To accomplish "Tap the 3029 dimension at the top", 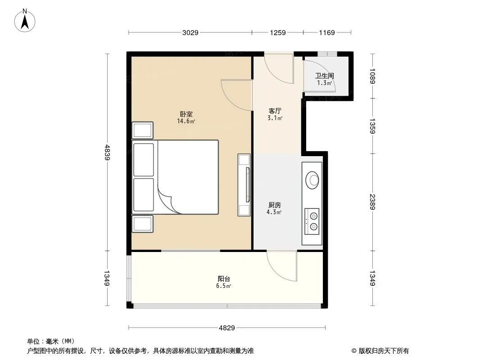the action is [x=190, y=33].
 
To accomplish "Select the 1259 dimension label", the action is [x=278, y=33].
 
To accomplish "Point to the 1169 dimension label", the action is [x=327, y=33].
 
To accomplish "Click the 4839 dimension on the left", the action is [x=107, y=152].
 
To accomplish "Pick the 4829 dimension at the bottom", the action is [x=227, y=328].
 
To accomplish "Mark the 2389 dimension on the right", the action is [x=372, y=202].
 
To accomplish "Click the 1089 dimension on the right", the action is [x=372, y=76].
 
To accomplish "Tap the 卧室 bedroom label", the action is [x=186, y=114].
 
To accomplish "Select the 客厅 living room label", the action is [x=275, y=111].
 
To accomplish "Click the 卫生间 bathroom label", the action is [x=325, y=76].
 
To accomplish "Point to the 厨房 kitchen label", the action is [x=275, y=205].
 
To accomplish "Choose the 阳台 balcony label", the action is [x=224, y=279].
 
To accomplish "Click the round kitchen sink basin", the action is [x=312, y=180].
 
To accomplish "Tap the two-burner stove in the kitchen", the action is [x=312, y=221].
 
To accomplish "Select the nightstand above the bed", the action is [x=142, y=130].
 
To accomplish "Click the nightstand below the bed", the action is [x=142, y=224].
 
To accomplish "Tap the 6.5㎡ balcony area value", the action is [x=223, y=286].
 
